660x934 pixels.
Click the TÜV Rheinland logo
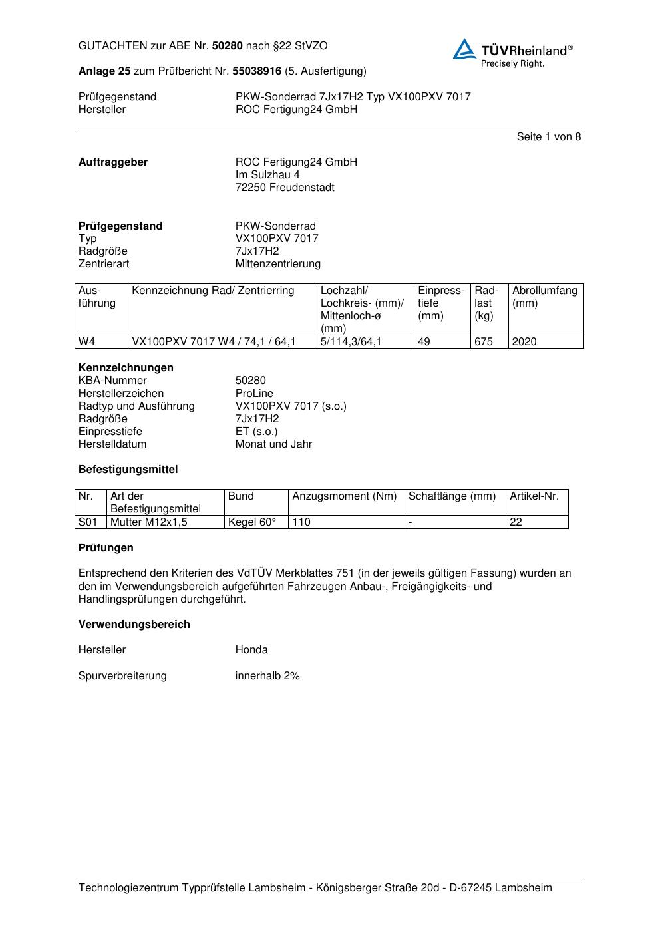pyautogui.click(x=512, y=53)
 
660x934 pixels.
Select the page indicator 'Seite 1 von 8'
pyautogui.click(x=548, y=137)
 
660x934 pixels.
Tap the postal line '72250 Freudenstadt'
pyautogui.click(x=285, y=188)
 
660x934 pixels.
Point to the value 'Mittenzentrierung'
pyautogui.click(x=277, y=264)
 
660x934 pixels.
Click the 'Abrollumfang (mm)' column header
pyautogui.click(x=544, y=297)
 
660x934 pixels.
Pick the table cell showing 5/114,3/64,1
pyautogui.click(x=351, y=342)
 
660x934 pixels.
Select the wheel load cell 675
pyautogui.click(x=484, y=342)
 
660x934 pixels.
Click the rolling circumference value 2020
pyautogui.click(x=524, y=342)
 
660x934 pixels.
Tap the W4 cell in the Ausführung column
pyautogui.click(x=87, y=342)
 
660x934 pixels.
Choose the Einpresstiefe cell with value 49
pyautogui.click(x=424, y=342)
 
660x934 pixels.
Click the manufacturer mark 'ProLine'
pyautogui.click(x=254, y=394)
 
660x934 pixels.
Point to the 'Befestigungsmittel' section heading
pyautogui.click(x=128, y=470)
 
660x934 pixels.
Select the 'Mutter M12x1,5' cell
pyautogui.click(x=149, y=522)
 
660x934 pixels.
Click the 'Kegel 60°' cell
pyautogui.click(x=251, y=522)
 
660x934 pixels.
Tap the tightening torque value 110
pyautogui.click(x=301, y=522)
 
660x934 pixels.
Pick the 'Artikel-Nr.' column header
pyautogui.click(x=534, y=496)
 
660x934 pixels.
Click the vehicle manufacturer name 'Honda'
pyautogui.click(x=251, y=650)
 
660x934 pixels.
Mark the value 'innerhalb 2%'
pyautogui.click(x=267, y=676)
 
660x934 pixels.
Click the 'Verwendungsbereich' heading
pyautogui.click(x=134, y=625)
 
